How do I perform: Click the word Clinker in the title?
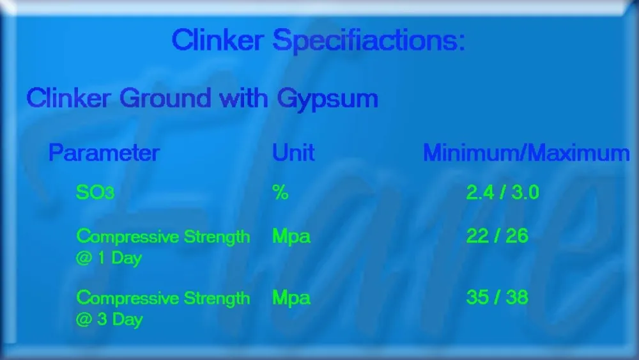(218, 40)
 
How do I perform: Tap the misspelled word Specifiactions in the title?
(369, 42)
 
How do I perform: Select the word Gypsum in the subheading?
(327, 100)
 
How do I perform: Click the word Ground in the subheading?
(165, 98)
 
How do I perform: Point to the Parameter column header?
(104, 153)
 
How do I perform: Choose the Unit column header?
(293, 153)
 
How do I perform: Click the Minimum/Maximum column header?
(526, 153)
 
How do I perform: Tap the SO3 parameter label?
(95, 192)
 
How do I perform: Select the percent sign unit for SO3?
(281, 192)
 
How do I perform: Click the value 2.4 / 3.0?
(502, 192)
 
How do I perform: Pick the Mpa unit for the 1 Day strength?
(291, 237)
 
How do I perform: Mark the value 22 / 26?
(497, 236)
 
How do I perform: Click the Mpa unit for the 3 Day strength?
(291, 298)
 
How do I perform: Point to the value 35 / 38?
(497, 297)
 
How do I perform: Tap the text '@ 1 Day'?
(109, 258)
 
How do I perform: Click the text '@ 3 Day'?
(109, 320)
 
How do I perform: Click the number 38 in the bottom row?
(517, 297)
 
